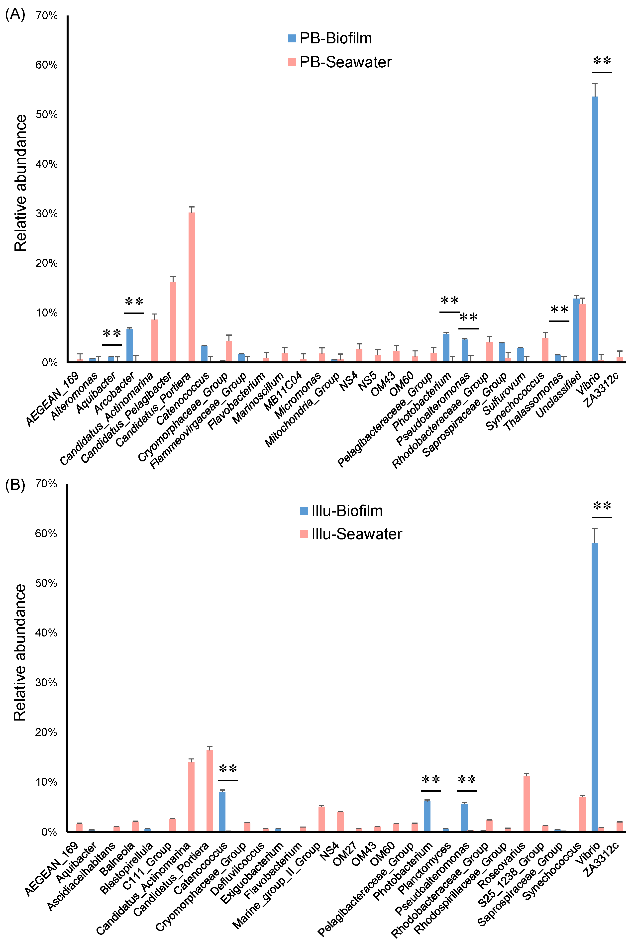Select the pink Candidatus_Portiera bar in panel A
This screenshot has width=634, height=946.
(192, 287)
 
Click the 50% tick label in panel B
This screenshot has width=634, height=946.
(46, 583)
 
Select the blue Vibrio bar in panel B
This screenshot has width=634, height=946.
(595, 687)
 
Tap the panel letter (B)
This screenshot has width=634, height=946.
(15, 484)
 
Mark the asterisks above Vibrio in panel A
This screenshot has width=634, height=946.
(602, 61)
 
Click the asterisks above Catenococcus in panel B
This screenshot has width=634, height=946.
(228, 768)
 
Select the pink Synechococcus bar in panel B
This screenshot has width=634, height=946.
(582, 814)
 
